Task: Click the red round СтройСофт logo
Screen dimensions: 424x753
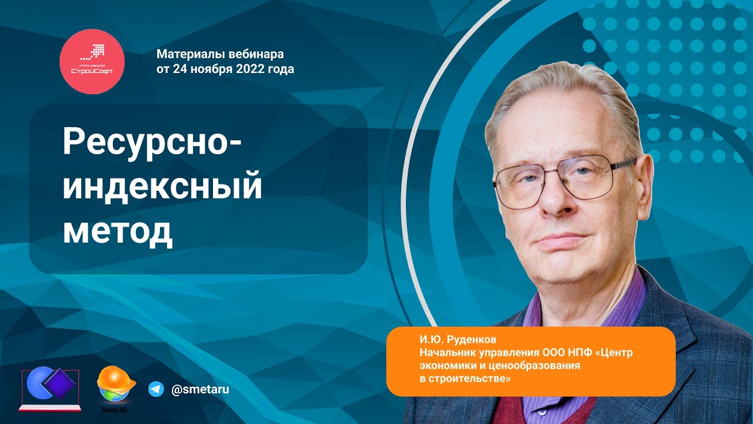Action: click(x=92, y=61)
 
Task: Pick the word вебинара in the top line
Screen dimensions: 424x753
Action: click(x=256, y=54)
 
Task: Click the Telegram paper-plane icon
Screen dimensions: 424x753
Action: click(x=156, y=389)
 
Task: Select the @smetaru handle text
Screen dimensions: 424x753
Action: click(x=199, y=389)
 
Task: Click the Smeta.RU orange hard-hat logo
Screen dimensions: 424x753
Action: click(x=115, y=386)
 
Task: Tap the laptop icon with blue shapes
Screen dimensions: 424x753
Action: click(x=50, y=389)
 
